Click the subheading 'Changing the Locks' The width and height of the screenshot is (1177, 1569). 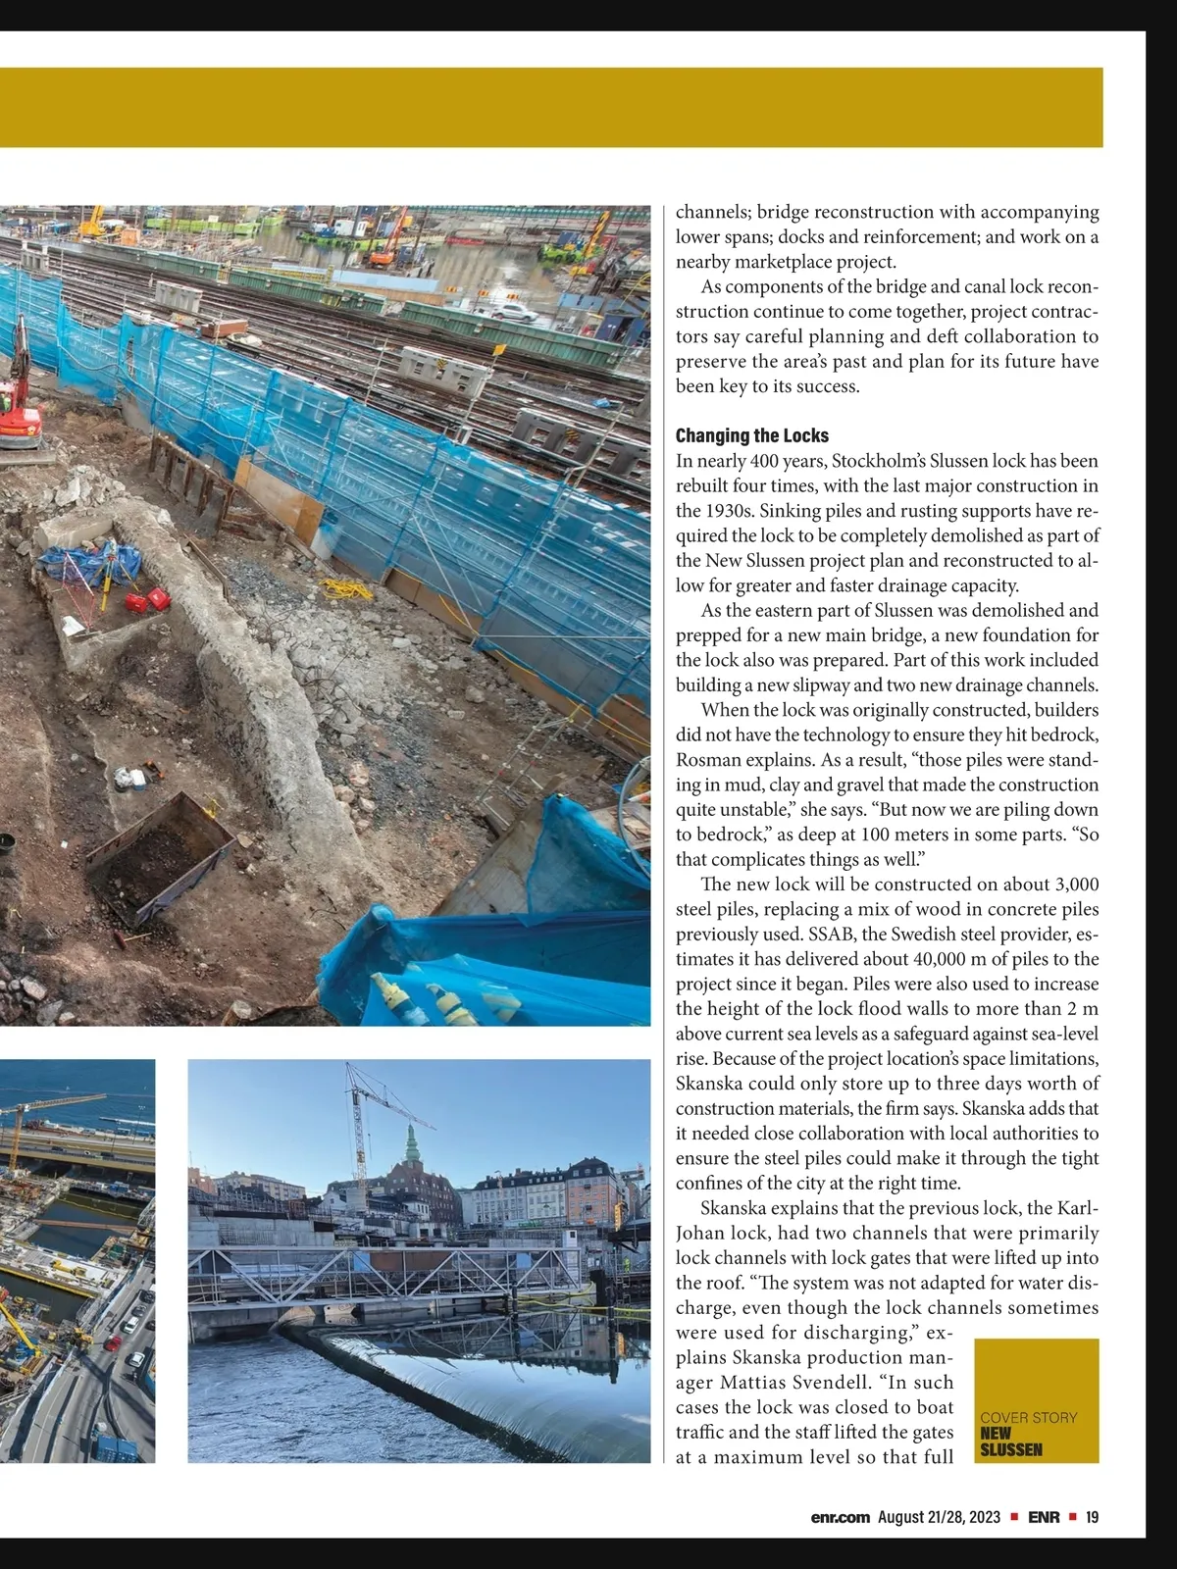pyautogui.click(x=751, y=435)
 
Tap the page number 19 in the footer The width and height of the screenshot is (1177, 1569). pyautogui.click(x=1092, y=1517)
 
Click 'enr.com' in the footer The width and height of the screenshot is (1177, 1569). pyautogui.click(x=841, y=1517)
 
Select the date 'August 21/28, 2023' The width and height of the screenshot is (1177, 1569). pyautogui.click(x=939, y=1517)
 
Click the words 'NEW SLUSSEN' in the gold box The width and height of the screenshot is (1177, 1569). pyautogui.click(x=1010, y=1441)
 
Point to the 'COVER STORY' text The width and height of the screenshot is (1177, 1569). pyautogui.click(x=1028, y=1417)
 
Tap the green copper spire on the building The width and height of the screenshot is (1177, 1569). pyautogui.click(x=411, y=1143)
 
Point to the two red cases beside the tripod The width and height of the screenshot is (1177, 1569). pyautogui.click(x=145, y=600)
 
